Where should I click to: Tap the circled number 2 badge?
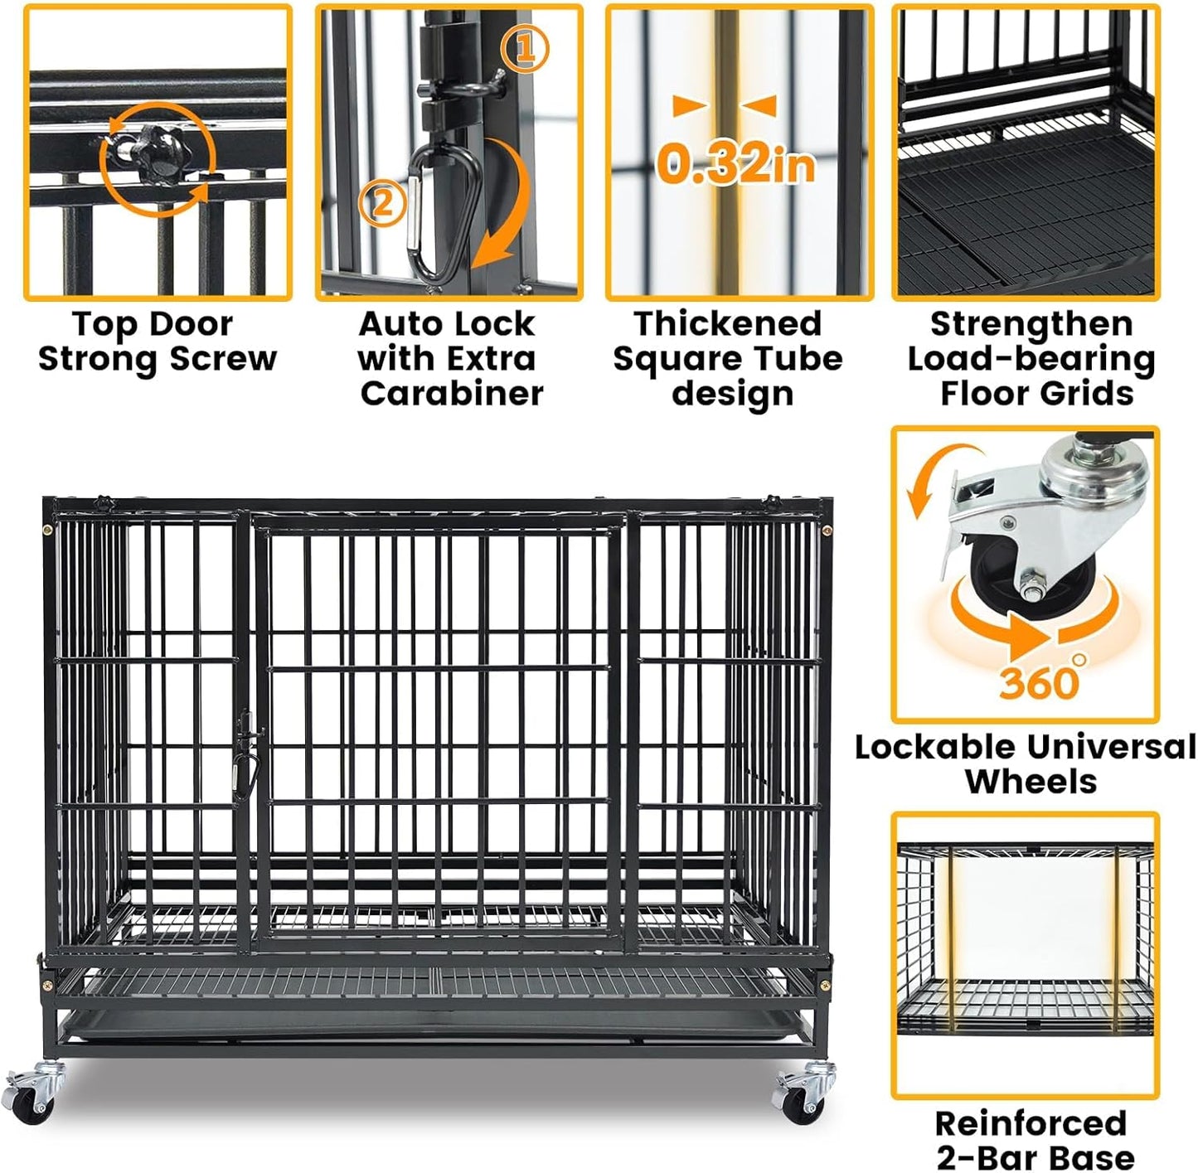pyautogui.click(x=382, y=201)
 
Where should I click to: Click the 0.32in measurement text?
pyautogui.click(x=735, y=163)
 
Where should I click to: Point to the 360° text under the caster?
pyautogui.click(x=1040, y=681)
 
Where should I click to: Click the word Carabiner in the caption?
pyautogui.click(x=452, y=393)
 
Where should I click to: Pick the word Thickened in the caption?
pyautogui.click(x=727, y=323)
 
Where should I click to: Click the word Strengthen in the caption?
pyautogui.click(x=1031, y=323)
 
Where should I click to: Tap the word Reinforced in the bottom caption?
pyautogui.click(x=1031, y=1123)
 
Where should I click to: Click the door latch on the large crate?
pyautogui.click(x=247, y=742)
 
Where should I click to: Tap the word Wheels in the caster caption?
pyautogui.click(x=1031, y=782)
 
